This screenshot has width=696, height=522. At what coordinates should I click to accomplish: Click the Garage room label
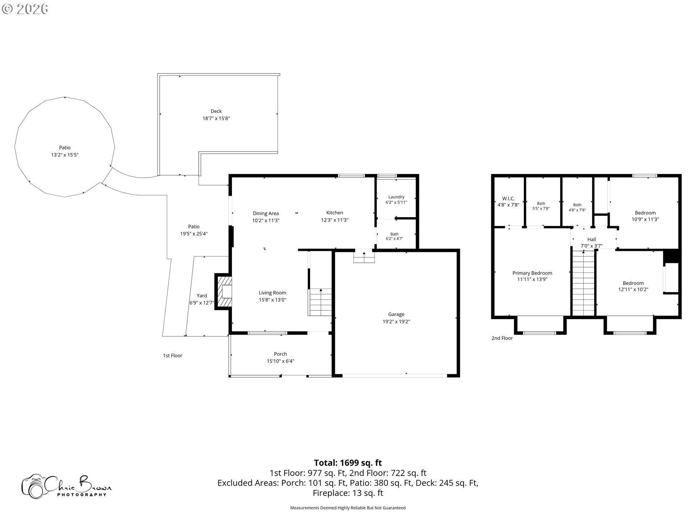tap(396, 314)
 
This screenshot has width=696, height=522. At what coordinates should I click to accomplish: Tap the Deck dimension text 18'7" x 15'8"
tap(216, 119)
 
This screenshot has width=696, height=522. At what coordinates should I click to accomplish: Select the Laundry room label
tap(396, 197)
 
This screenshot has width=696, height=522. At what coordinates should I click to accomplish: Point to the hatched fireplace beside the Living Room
tap(224, 291)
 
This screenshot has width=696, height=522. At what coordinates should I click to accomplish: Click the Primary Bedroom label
tap(532, 273)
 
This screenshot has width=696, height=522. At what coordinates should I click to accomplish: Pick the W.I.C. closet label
tap(508, 199)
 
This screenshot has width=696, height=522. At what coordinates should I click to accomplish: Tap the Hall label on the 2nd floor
tap(592, 239)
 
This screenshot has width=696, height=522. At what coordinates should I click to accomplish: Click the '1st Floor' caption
tap(173, 356)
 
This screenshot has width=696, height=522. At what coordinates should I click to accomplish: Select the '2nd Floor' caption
tap(502, 338)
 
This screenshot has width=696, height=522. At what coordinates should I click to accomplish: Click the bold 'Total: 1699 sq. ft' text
tap(348, 463)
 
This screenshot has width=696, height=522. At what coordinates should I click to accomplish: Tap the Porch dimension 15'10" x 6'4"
tap(281, 361)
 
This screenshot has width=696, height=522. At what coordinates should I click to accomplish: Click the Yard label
tap(202, 296)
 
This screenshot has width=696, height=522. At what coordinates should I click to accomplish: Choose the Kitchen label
tap(335, 213)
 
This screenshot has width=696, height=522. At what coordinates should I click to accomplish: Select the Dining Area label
tap(266, 214)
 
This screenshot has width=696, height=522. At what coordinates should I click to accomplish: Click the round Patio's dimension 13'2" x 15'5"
tap(65, 155)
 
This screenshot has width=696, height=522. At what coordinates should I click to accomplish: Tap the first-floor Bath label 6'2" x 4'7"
tap(394, 236)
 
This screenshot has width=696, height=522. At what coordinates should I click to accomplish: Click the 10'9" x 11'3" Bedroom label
tap(645, 216)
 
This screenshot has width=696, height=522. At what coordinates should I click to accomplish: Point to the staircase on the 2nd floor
tap(583, 283)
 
